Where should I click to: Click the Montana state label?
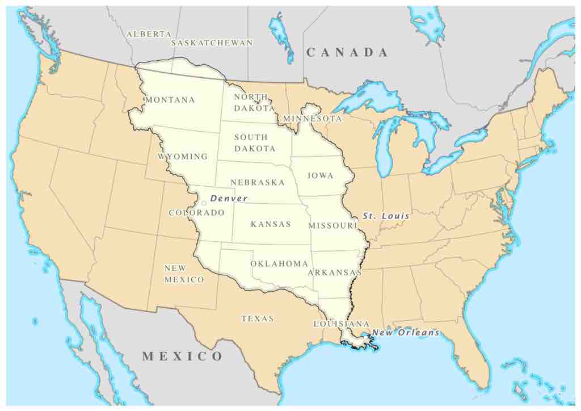tap(170, 100)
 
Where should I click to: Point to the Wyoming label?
tap(183, 156)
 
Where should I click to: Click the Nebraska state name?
tap(258, 182)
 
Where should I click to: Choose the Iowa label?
tap(321, 175)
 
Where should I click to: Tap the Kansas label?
tap(271, 224)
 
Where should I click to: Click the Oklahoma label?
tap(279, 263)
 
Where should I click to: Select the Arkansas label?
tap(335, 272)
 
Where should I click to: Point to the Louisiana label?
tap(342, 324)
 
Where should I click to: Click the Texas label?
tap(258, 318)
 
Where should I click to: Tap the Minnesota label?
tap(313, 119)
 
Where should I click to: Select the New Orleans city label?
tap(406, 333)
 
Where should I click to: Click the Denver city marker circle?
tap(204, 203)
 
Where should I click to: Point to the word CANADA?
tap(347, 53)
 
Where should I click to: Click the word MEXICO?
tap(182, 357)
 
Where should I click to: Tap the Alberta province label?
tap(149, 34)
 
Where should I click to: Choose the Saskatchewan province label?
tap(212, 43)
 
